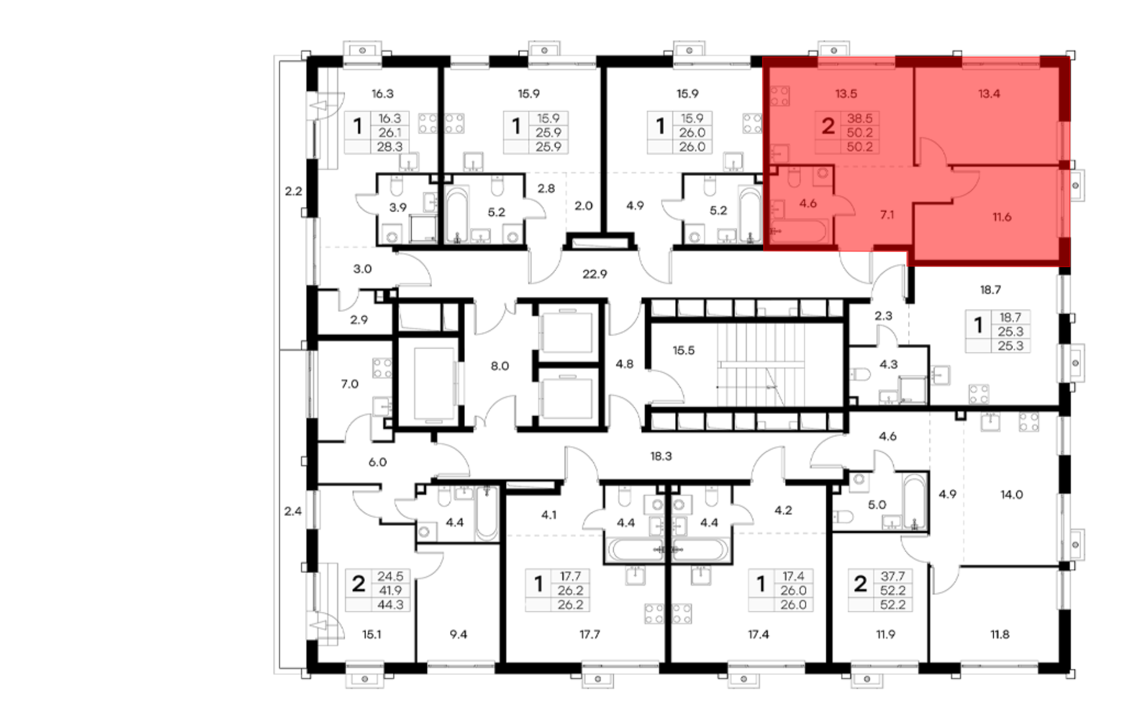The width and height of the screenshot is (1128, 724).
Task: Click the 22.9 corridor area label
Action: pos(594,274)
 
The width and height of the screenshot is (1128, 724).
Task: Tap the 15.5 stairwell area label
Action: pos(683,350)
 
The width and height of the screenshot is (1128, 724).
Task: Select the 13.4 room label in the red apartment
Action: pos(989,94)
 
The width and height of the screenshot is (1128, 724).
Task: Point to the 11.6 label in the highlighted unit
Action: pos(1002,217)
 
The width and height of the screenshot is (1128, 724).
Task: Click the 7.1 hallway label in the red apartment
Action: pos(887,214)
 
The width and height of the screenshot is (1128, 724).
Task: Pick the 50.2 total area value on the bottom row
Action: pos(860,147)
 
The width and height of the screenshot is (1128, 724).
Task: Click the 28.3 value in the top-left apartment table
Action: pos(390,147)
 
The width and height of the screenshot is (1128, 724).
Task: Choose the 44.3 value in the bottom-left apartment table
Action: pos(391,605)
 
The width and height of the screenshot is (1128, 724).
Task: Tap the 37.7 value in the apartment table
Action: pos(892,576)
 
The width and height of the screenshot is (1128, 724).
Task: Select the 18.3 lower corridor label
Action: pos(661,456)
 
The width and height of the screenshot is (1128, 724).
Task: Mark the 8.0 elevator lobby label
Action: pos(500,366)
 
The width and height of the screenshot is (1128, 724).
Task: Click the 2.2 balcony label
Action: pos(293,191)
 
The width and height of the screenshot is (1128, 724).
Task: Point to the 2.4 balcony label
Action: pos(293,511)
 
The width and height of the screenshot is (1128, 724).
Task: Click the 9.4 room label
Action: pos(458,634)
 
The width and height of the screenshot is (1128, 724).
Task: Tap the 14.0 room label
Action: pos(1011,495)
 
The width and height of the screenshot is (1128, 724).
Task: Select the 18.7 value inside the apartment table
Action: pos(1010,317)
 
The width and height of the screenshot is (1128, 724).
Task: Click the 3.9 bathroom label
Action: pos(398,208)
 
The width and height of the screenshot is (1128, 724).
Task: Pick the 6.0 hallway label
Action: pos(377,462)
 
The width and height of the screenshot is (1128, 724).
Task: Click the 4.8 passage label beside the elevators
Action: pos(624,364)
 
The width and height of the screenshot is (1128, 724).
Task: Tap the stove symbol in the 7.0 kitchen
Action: pos(382,368)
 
